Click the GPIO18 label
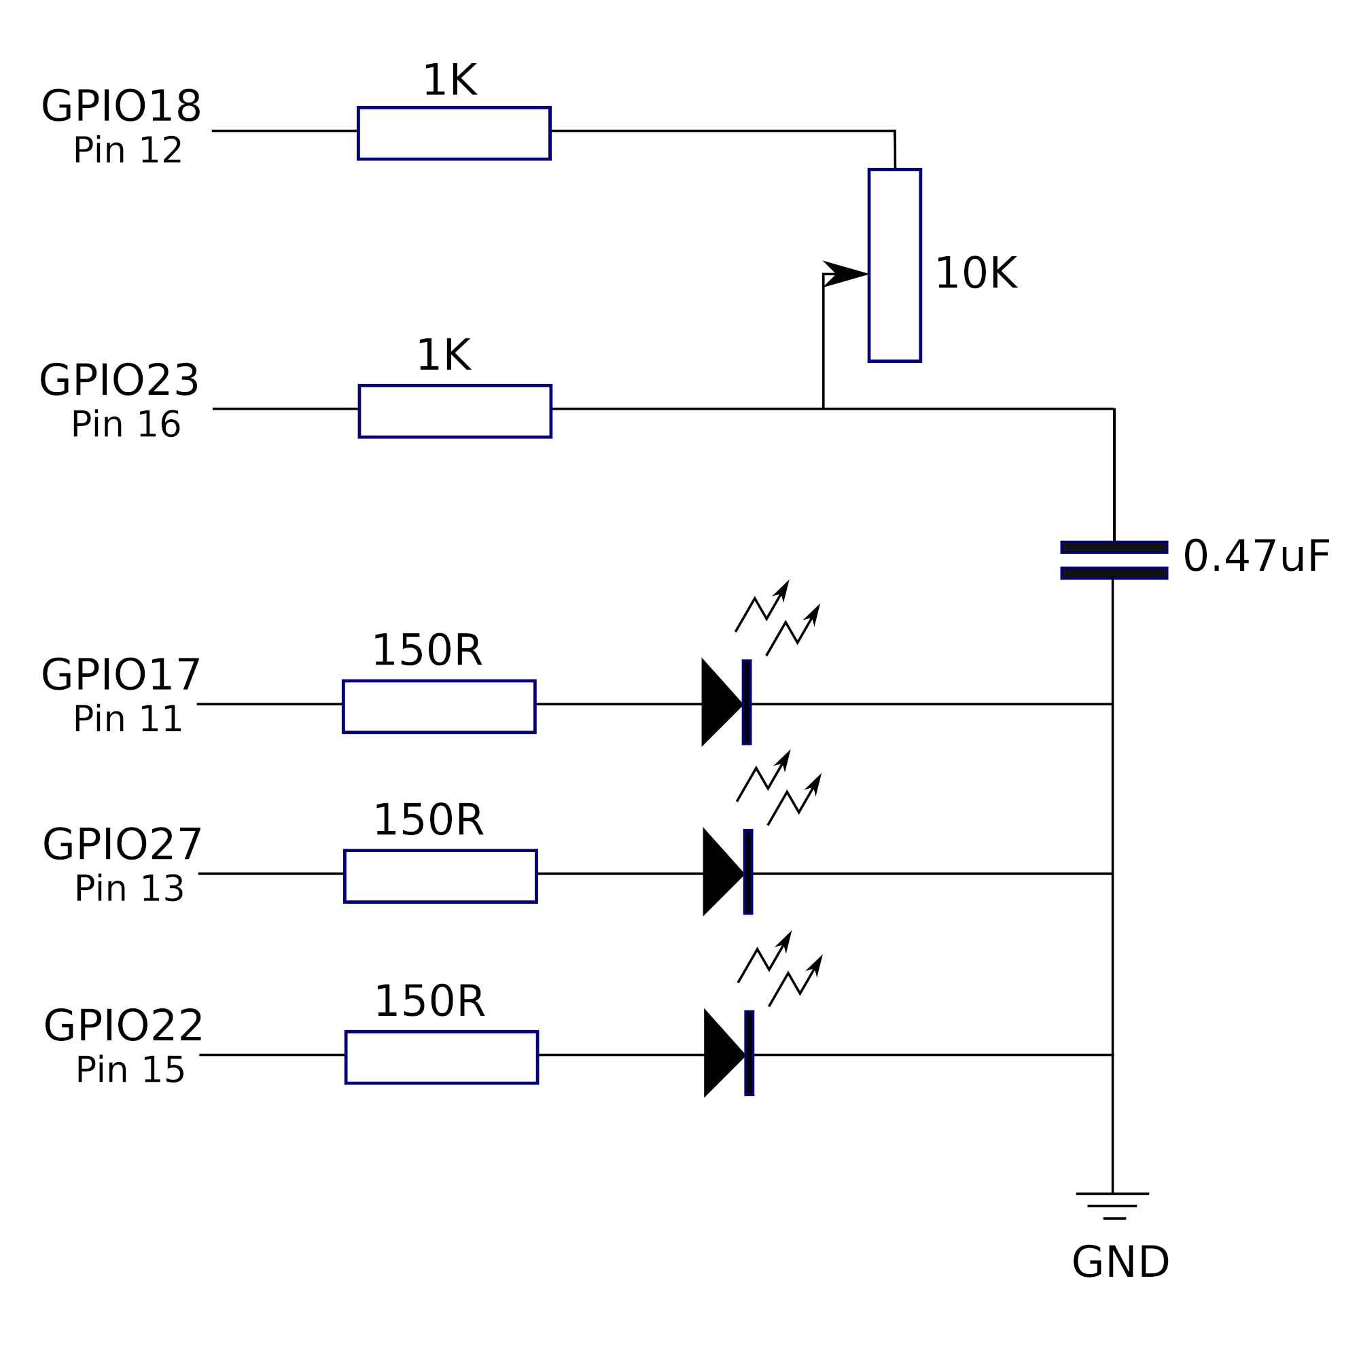121,107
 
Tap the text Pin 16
126,425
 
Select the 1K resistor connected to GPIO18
454,134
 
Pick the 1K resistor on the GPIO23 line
455,412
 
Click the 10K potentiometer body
895,265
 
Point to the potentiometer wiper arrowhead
847,274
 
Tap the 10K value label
976,274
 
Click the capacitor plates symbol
1114,560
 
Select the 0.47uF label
1256,557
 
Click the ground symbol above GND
1113,1205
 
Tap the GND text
1120,1263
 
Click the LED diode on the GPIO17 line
726,703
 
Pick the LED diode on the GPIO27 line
728,873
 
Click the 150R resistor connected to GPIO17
439,706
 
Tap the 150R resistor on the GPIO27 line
440,877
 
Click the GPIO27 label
122,845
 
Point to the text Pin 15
130,1070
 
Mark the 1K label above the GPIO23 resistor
444,356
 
